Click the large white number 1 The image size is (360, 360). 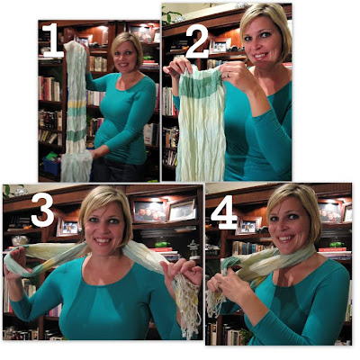(53, 40)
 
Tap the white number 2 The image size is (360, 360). (197, 40)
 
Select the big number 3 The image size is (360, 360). (42, 210)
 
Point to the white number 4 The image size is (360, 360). (224, 212)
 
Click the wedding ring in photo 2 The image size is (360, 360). (228, 75)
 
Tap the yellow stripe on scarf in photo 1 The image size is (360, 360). (76, 103)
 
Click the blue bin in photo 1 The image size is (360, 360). (52, 166)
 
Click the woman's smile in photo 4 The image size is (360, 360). (285, 238)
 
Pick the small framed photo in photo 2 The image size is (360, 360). (220, 46)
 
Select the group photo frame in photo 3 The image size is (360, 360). (150, 211)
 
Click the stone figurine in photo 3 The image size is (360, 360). (192, 249)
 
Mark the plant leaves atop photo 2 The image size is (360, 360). (171, 16)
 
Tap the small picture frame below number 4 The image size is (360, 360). (248, 226)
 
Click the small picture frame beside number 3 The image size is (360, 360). (69, 227)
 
